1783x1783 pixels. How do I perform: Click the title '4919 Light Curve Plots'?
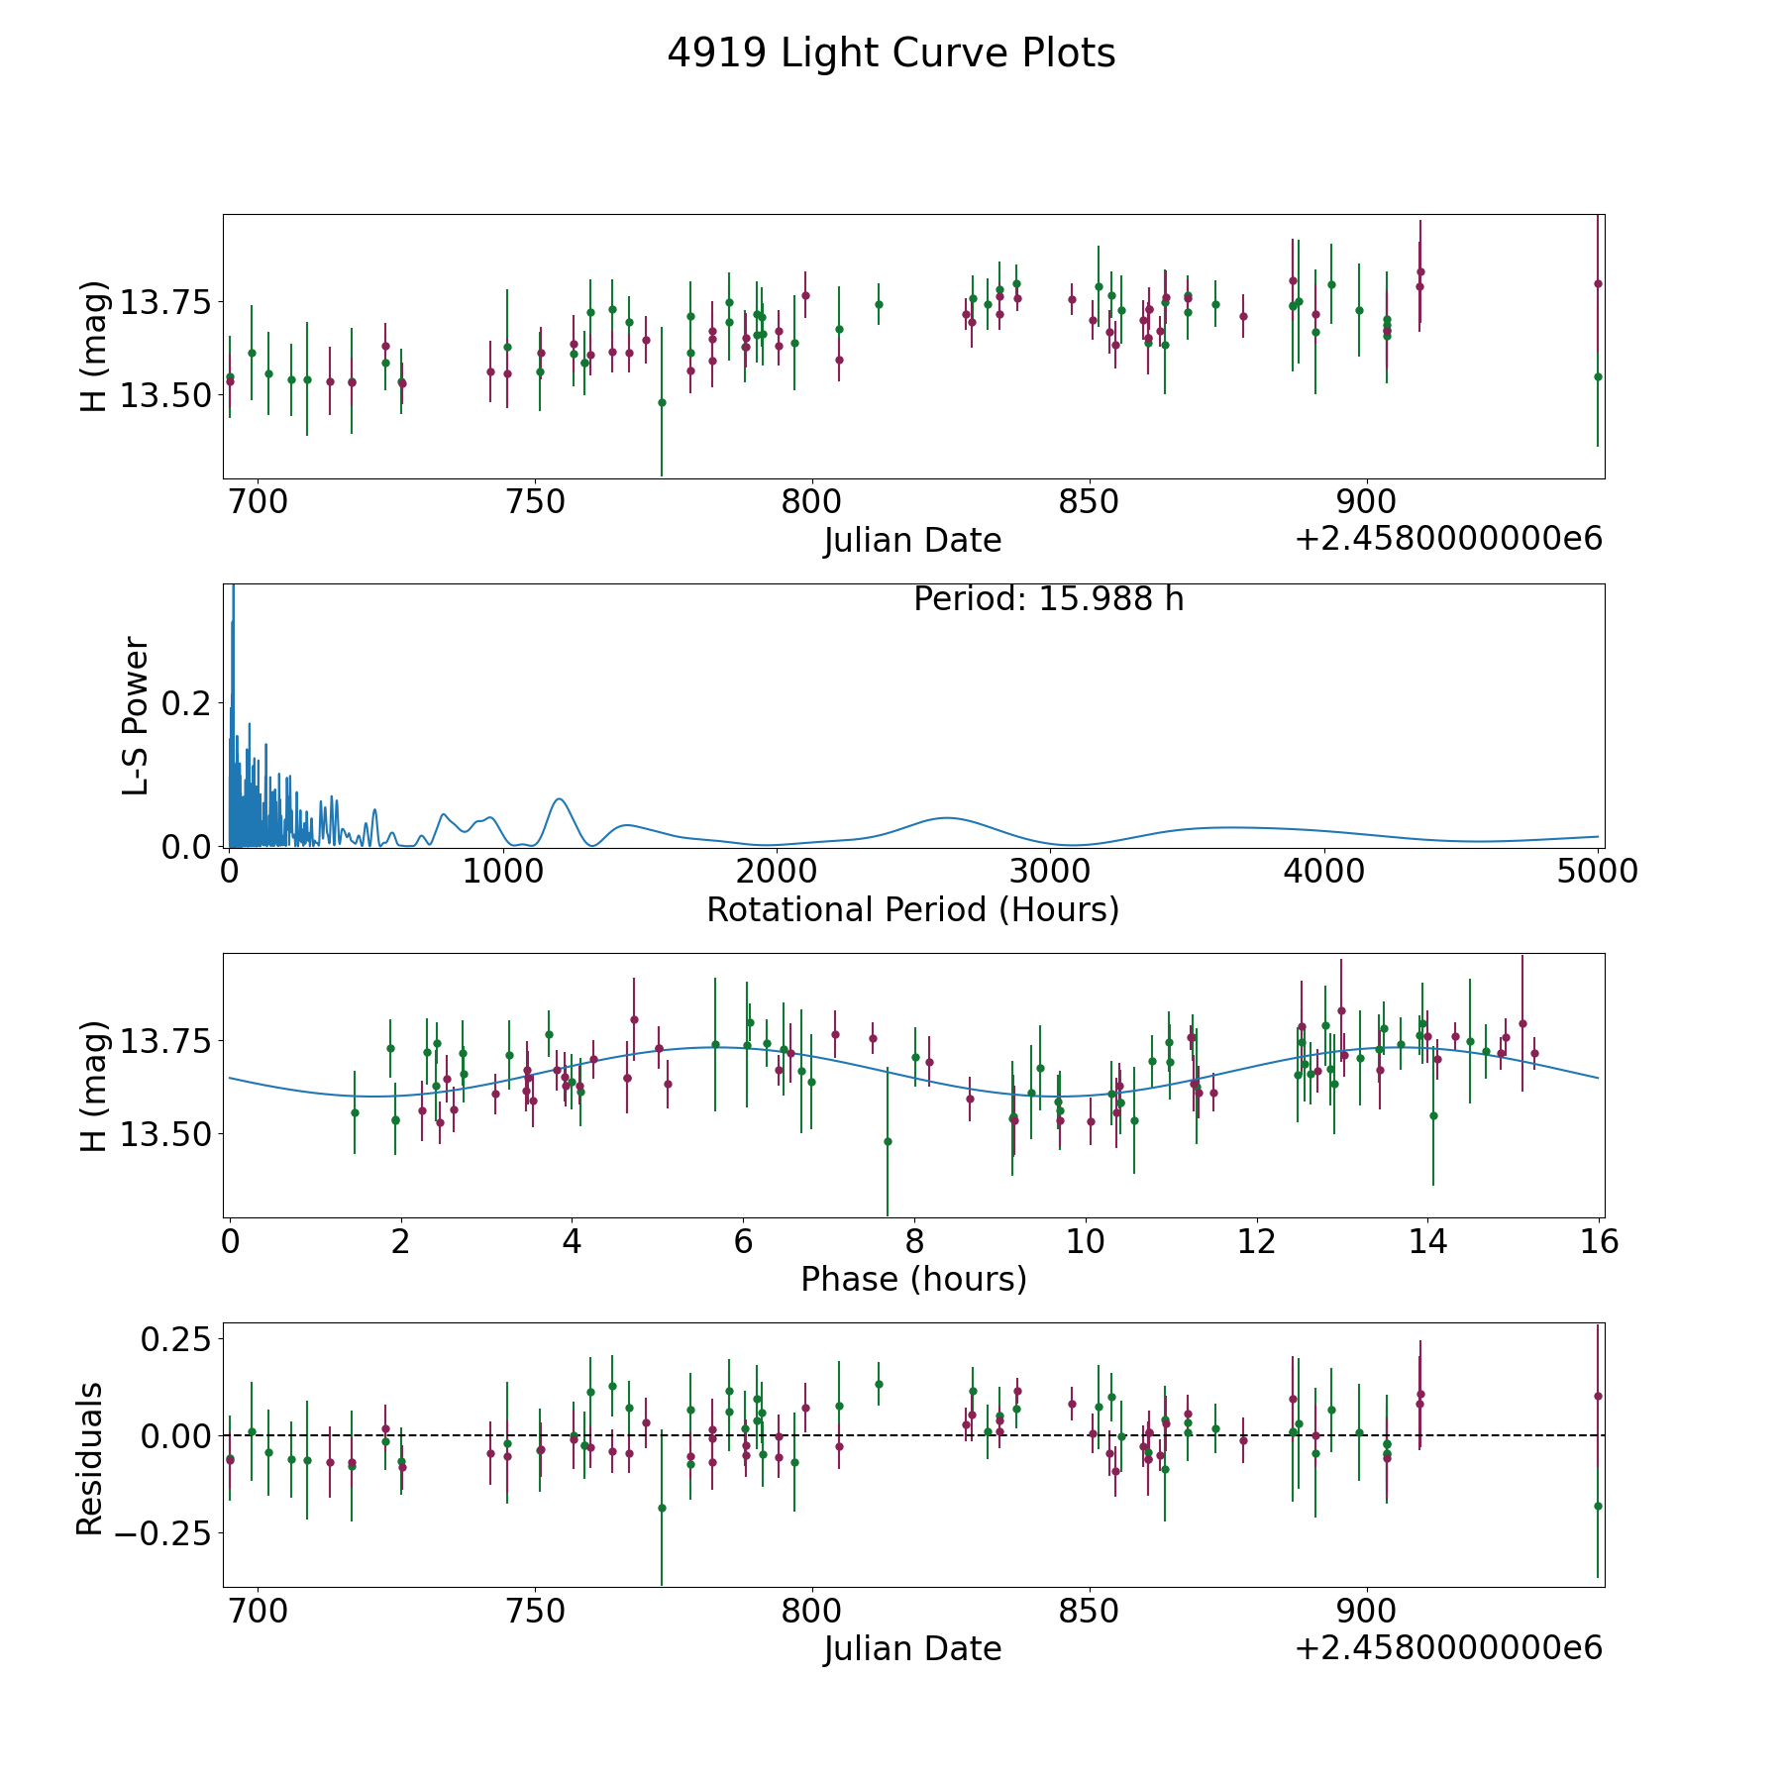pyautogui.click(x=891, y=53)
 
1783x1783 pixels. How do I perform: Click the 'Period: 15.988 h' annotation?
pyautogui.click(x=1048, y=599)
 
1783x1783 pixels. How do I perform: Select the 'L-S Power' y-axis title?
pyautogui.click(x=136, y=715)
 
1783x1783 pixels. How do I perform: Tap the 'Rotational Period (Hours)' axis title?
pyautogui.click(x=912, y=909)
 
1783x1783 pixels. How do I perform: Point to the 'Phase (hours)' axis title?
pyautogui.click(x=913, y=1279)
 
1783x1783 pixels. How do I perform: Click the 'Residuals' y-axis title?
pyautogui.click(x=90, y=1459)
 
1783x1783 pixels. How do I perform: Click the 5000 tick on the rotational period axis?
pyautogui.click(x=1598, y=871)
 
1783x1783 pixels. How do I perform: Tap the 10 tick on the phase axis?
pyautogui.click(x=1086, y=1241)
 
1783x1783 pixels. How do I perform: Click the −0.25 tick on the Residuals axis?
pyautogui.click(x=163, y=1533)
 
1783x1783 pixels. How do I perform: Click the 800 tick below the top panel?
pyautogui.click(x=811, y=502)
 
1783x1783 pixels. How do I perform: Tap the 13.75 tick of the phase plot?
pyautogui.click(x=165, y=1042)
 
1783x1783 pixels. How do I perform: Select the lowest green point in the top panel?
pyautogui.click(x=662, y=402)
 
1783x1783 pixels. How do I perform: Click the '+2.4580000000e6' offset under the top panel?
pyautogui.click(x=1448, y=539)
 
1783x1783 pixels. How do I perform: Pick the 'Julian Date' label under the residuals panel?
pyautogui.click(x=912, y=1648)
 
